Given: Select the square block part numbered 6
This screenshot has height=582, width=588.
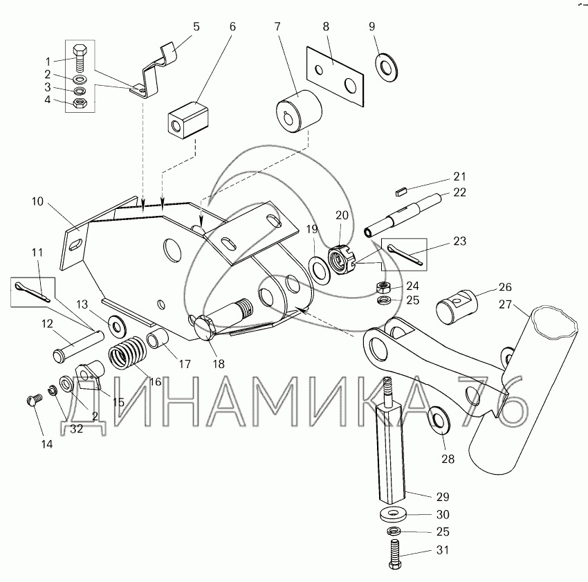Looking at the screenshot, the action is (187, 120).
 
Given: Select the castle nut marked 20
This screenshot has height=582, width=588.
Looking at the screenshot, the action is (341, 261).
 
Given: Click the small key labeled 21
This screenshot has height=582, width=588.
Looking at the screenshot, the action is (402, 185).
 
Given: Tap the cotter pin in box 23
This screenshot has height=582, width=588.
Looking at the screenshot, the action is (405, 253).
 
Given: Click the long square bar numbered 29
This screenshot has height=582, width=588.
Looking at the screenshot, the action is (389, 449).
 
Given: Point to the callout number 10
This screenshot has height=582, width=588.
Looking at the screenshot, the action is (37, 202).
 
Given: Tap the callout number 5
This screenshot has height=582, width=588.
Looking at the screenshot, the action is (196, 27).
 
